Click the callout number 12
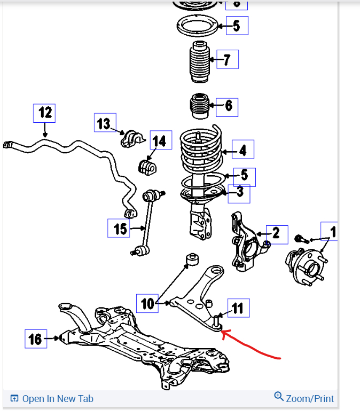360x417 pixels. [x=45, y=113]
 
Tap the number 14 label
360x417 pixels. [x=160, y=141]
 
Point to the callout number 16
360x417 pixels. [x=35, y=338]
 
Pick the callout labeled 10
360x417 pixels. [x=147, y=303]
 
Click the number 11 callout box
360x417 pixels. [x=238, y=308]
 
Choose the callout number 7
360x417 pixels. [x=227, y=60]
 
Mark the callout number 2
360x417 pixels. [x=276, y=233]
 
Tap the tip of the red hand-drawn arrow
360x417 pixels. [x=222, y=333]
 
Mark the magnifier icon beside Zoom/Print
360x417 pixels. [x=279, y=397]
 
